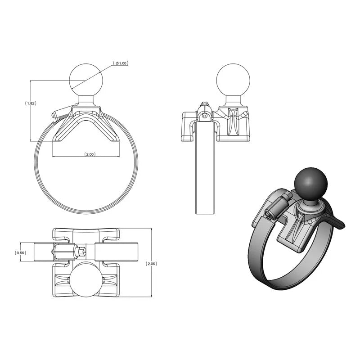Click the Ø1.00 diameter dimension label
121,63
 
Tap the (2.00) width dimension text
90,154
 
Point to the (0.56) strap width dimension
21,253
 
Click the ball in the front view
86,79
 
